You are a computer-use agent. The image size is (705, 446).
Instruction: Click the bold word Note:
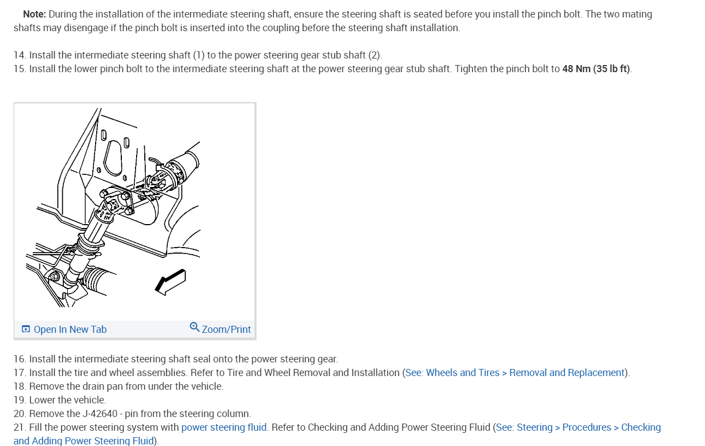(34, 14)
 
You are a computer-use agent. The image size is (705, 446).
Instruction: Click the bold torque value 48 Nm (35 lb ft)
(596, 69)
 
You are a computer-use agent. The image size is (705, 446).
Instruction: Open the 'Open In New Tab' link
(70, 329)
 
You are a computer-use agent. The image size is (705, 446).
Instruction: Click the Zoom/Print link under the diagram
(226, 329)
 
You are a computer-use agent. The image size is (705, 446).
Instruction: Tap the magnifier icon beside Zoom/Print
(195, 327)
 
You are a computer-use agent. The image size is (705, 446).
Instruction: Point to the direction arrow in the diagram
(170, 281)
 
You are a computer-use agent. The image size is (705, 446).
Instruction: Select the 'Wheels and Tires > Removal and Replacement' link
(515, 373)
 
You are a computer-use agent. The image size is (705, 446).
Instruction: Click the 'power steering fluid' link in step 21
(224, 427)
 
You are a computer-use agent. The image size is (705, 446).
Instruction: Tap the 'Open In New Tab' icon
(26, 329)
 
